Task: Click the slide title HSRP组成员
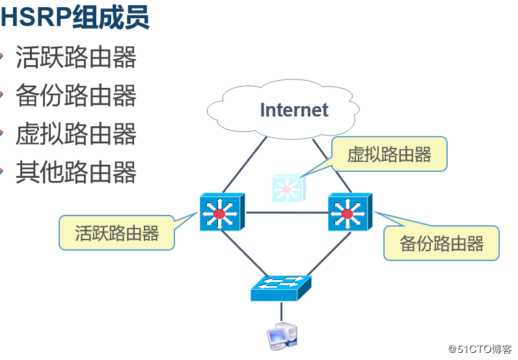coord(75,17)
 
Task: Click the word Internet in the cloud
coord(294,110)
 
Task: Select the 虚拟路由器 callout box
coord(389,154)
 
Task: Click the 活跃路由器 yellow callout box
coord(117,233)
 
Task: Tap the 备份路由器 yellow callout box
coord(441,243)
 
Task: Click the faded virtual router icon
coord(286,188)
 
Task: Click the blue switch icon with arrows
coord(281,288)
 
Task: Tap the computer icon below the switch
coord(282,335)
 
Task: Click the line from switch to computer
coord(282,311)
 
